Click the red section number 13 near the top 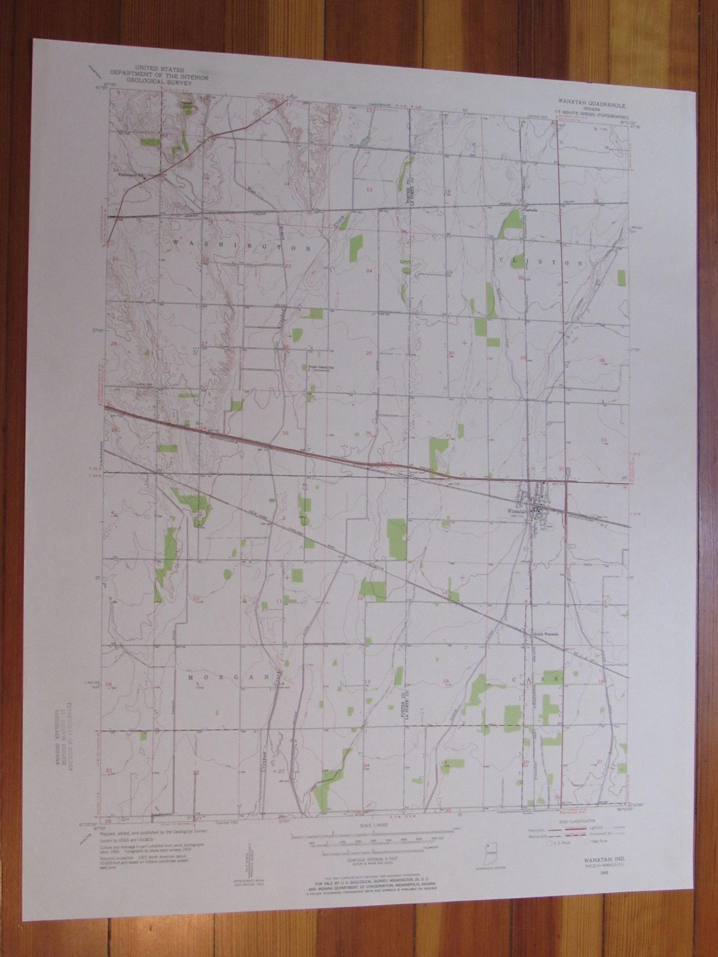coord(369,189)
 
